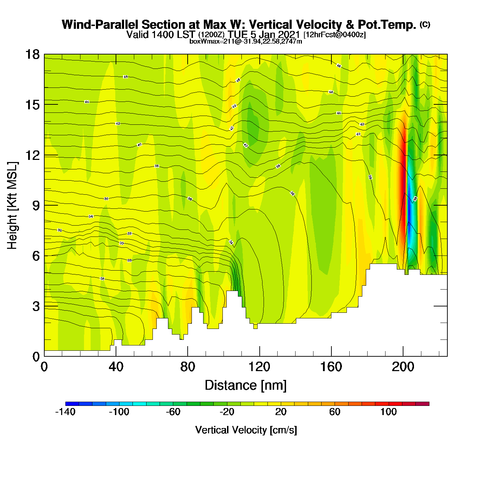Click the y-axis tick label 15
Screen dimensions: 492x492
click(x=32, y=105)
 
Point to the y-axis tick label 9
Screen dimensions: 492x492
click(x=36, y=205)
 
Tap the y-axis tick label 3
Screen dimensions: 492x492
click(x=36, y=306)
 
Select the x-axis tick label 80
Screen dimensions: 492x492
click(x=187, y=367)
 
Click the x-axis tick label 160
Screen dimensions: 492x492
click(x=331, y=367)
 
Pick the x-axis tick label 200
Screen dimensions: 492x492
click(x=403, y=367)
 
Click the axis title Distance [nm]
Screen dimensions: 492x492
click(x=246, y=386)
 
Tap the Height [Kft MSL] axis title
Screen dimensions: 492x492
click(x=13, y=206)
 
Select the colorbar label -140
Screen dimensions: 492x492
click(x=65, y=412)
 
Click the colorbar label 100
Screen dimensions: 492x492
click(x=388, y=412)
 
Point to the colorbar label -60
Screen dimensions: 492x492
click(x=173, y=412)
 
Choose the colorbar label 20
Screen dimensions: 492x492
click(x=281, y=412)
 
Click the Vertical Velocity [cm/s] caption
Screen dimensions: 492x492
click(x=246, y=430)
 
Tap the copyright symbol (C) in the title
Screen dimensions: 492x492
click(x=425, y=24)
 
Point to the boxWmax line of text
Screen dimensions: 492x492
click(x=246, y=41)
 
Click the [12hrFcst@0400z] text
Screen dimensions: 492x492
click(x=335, y=34)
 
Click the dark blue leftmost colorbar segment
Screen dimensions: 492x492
click(x=72, y=404)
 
